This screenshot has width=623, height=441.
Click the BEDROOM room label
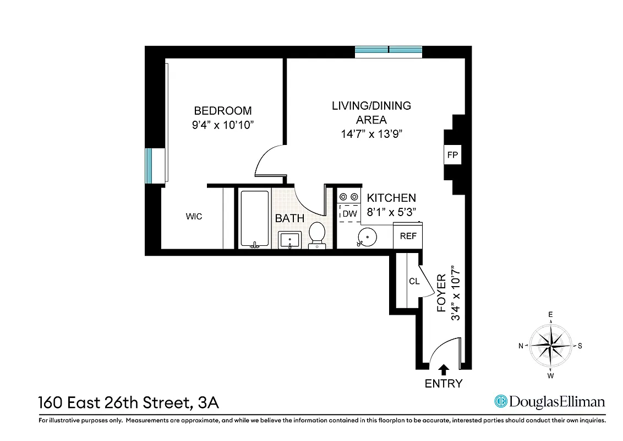(x=222, y=110)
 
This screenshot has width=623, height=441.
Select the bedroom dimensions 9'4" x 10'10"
(x=222, y=125)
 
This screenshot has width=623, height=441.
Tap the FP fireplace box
(x=452, y=155)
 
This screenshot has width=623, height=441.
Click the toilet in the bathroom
(x=316, y=234)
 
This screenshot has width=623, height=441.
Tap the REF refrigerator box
(x=408, y=236)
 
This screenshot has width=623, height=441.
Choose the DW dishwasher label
(x=349, y=213)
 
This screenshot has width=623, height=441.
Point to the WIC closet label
(x=194, y=217)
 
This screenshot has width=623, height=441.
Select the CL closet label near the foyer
(x=414, y=281)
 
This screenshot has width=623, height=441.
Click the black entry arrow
(x=444, y=369)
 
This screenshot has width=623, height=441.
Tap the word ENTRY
(x=444, y=384)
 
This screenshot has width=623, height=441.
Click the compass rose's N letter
(x=521, y=346)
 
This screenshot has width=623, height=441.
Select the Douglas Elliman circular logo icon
(x=500, y=401)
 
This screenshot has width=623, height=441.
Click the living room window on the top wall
(x=389, y=52)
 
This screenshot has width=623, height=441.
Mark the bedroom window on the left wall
(x=149, y=165)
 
